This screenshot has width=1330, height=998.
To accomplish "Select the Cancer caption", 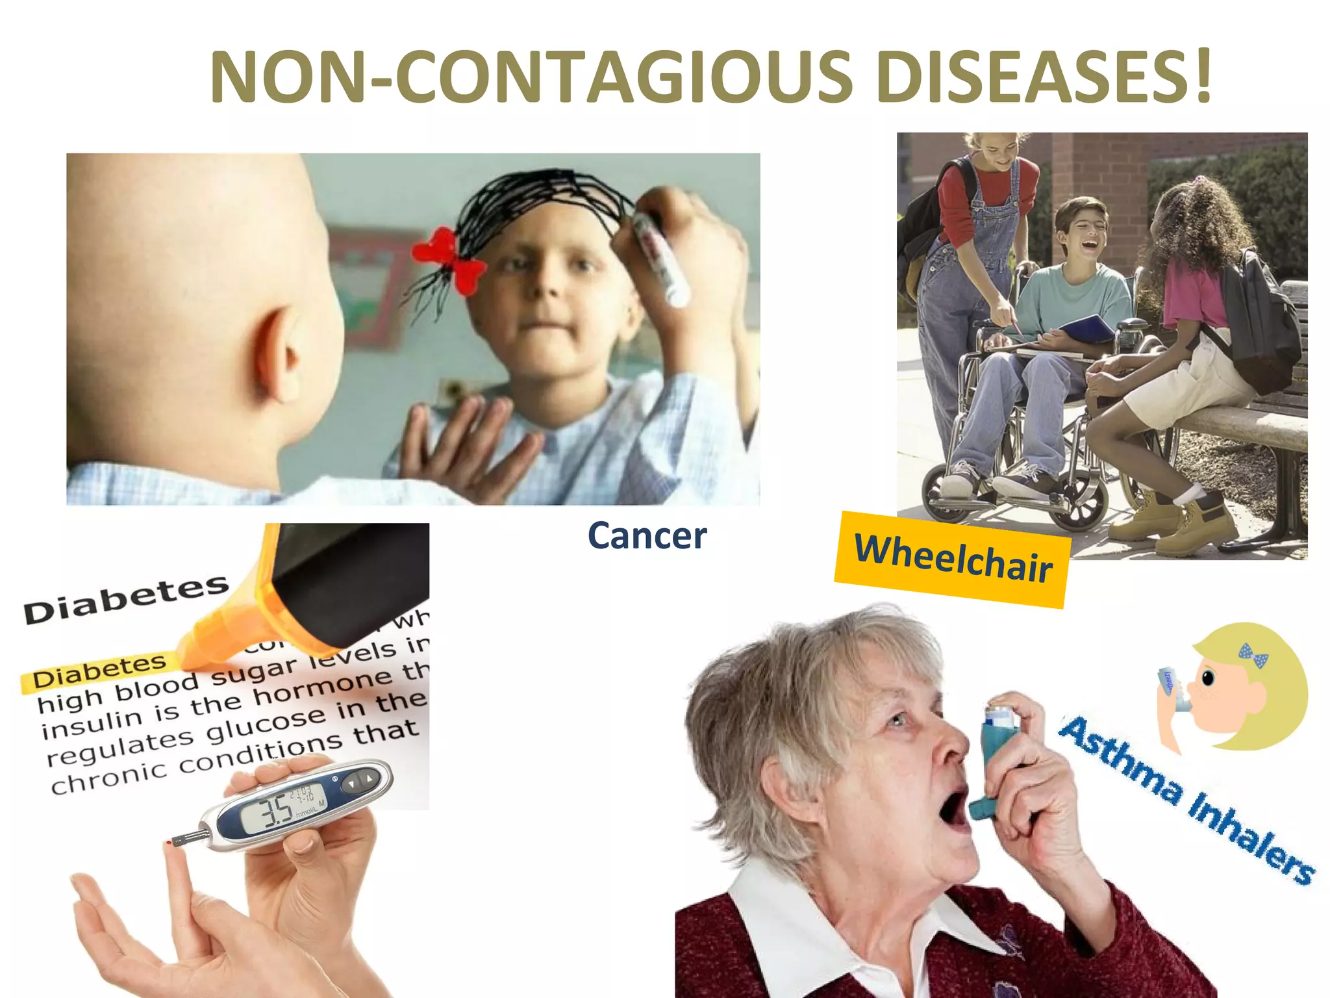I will pyautogui.click(x=647, y=536).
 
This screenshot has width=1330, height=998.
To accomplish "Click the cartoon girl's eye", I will pyautogui.click(x=1208, y=678).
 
